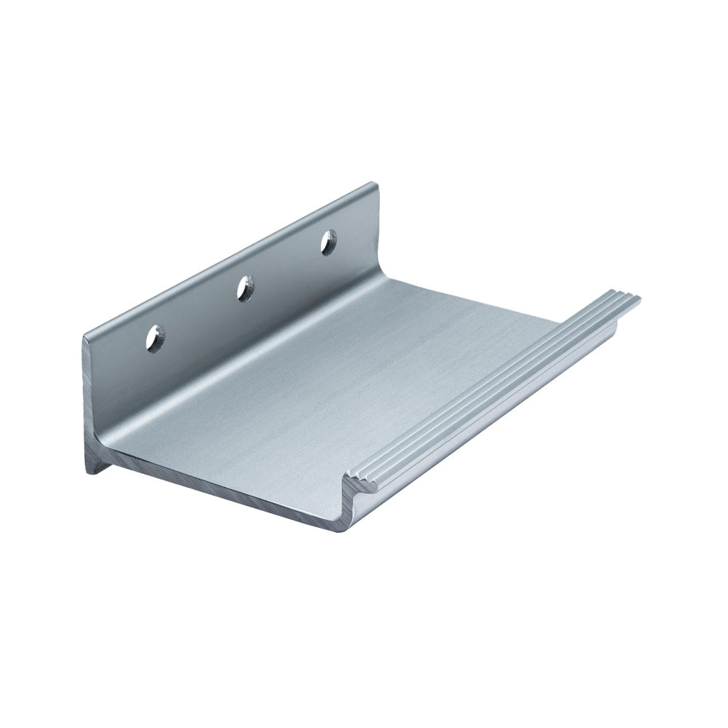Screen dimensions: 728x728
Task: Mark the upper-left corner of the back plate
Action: point(86,336)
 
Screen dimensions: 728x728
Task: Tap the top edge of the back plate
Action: point(233,256)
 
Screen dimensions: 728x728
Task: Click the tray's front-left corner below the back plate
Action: point(109,451)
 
